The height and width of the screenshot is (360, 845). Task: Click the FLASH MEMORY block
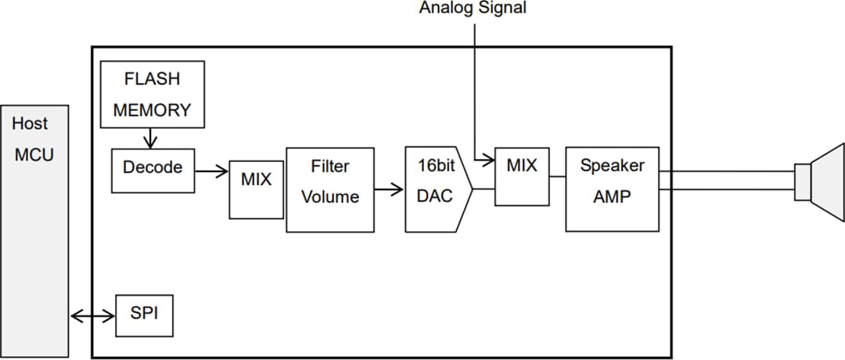point(152,94)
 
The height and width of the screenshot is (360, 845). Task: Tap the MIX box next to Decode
point(256,190)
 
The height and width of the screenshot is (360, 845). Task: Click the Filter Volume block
point(329,189)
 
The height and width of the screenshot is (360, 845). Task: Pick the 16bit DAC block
point(436,189)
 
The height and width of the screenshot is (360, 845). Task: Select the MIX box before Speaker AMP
point(522,176)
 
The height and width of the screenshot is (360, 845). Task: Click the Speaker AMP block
point(612,189)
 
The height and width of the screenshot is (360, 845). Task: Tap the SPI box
point(144,315)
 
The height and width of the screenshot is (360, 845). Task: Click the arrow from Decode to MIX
point(211,168)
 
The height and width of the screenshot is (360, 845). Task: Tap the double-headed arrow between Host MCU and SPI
point(92,316)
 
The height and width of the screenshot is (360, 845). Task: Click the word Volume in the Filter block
point(329,197)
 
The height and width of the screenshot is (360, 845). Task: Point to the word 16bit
point(436,167)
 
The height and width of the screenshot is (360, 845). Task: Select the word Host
point(30,124)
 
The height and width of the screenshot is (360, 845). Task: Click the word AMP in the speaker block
point(612,197)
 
